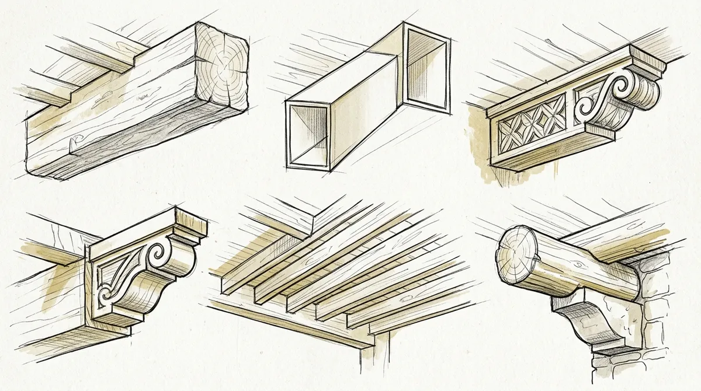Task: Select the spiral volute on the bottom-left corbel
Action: (x=157, y=255)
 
